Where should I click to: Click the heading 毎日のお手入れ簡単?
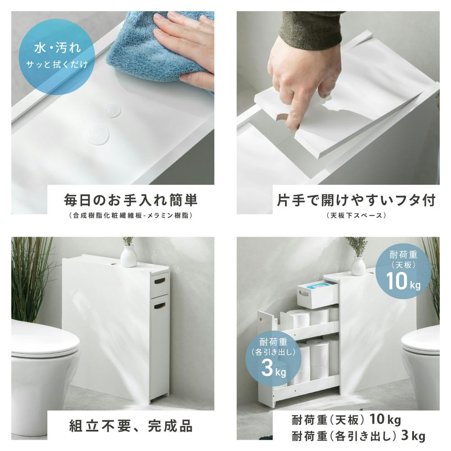tap(131, 200)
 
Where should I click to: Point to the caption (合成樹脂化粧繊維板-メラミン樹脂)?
tap(131, 216)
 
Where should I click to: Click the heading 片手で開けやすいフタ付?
tap(356, 200)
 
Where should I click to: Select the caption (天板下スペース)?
tap(356, 216)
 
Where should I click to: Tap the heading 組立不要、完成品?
tap(131, 426)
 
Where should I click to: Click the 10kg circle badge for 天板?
tap(403, 272)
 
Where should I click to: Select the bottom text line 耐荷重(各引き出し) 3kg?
tap(359, 436)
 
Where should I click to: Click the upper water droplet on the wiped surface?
tap(113, 111)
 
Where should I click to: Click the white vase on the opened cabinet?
tap(358, 265)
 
